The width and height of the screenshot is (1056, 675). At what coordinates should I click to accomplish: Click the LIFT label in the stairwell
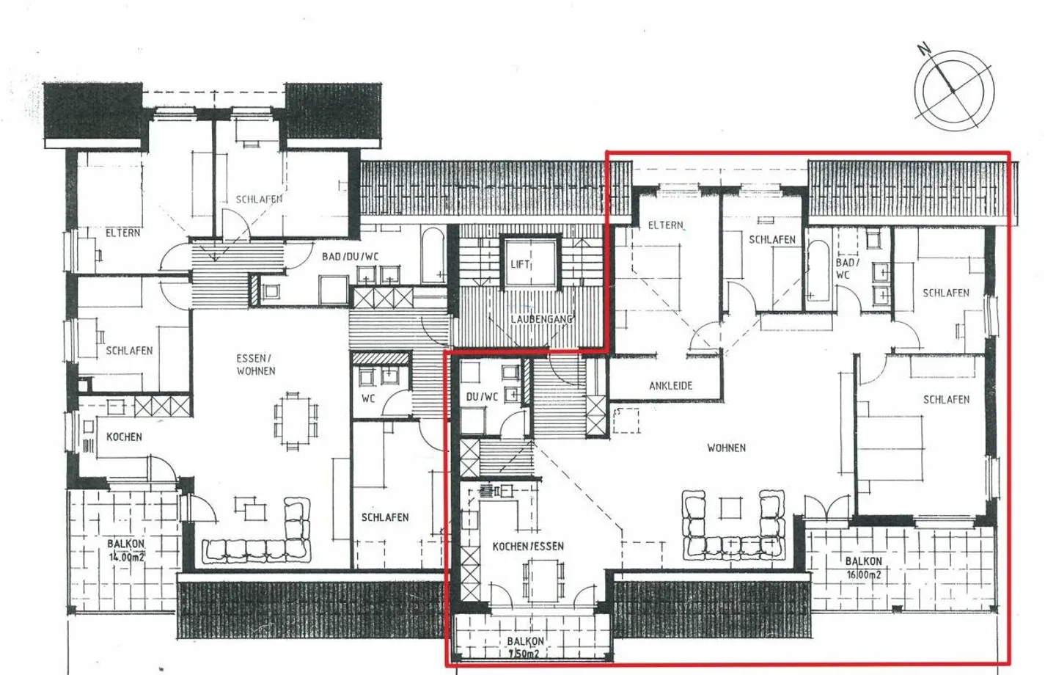click(x=520, y=264)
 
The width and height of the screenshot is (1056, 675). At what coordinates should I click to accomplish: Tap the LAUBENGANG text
click(x=541, y=319)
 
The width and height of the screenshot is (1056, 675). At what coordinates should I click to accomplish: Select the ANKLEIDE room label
click(x=670, y=385)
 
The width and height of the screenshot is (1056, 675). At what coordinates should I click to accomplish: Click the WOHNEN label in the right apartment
click(x=726, y=448)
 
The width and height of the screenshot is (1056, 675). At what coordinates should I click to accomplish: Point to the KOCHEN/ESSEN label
click(x=528, y=547)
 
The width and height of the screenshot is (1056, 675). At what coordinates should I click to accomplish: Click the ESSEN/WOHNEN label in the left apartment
click(x=256, y=365)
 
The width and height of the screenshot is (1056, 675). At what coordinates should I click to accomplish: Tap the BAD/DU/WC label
click(x=350, y=257)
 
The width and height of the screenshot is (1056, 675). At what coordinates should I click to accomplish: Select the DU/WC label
click(x=482, y=397)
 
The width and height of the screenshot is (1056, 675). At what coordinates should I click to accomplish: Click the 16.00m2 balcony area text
click(x=864, y=575)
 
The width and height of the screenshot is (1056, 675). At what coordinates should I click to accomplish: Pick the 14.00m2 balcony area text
click(x=126, y=557)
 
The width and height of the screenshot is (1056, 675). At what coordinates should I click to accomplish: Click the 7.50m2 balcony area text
click(x=524, y=654)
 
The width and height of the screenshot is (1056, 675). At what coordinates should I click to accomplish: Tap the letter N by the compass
click(x=924, y=50)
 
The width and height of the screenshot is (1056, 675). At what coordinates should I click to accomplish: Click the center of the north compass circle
click(x=953, y=90)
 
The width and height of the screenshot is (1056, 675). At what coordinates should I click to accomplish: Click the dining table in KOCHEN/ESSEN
click(x=543, y=580)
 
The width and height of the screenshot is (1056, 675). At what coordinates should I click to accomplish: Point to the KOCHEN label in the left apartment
click(x=124, y=437)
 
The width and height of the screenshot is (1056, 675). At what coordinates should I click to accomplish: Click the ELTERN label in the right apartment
click(x=665, y=225)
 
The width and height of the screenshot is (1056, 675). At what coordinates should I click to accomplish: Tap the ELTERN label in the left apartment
click(x=122, y=233)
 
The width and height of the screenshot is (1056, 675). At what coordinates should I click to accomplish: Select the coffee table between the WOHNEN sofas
click(x=732, y=508)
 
